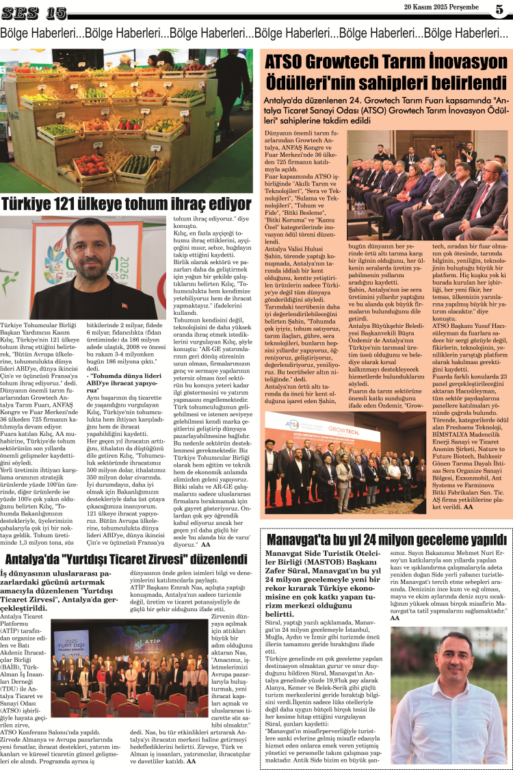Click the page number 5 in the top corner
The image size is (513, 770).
(x=499, y=10)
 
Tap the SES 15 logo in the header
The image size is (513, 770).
(x=35, y=12)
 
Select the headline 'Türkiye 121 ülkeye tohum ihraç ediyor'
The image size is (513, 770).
(x=127, y=204)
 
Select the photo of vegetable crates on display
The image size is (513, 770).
(x=127, y=120)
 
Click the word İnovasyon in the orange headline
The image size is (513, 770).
(x=465, y=62)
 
